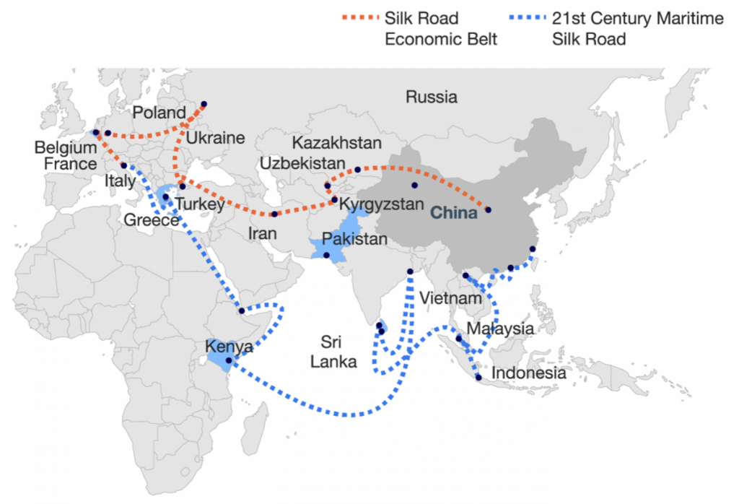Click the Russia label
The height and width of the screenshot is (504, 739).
431,97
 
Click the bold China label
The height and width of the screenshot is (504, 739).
454,213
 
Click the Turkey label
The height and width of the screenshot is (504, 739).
200,204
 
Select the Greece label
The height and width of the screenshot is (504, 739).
151,220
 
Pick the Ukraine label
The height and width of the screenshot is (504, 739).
214,138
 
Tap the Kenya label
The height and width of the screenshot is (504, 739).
229,347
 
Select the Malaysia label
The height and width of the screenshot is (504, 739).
500,329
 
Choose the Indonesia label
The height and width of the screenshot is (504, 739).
528,373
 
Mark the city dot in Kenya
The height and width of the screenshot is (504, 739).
229,360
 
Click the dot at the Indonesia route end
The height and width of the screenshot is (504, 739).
478,377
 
